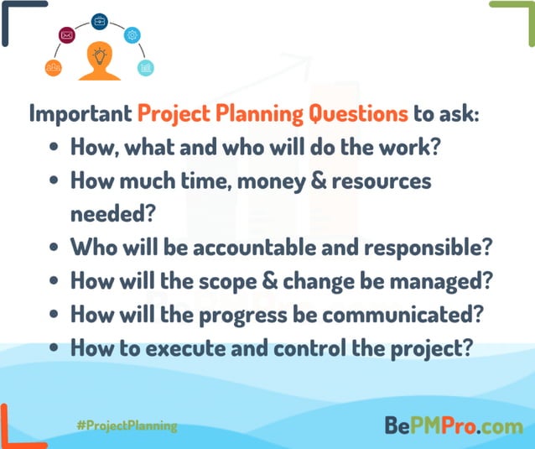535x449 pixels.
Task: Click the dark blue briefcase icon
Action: click(99, 20)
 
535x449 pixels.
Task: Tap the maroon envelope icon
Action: click(67, 35)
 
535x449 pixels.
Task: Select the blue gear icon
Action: click(132, 35)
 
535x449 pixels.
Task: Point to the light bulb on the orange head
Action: click(100, 56)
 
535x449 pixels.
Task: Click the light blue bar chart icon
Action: click(146, 67)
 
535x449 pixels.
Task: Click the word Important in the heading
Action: click(81, 113)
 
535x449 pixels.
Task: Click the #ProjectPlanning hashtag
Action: click(126, 426)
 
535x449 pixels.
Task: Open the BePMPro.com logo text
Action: click(453, 426)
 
